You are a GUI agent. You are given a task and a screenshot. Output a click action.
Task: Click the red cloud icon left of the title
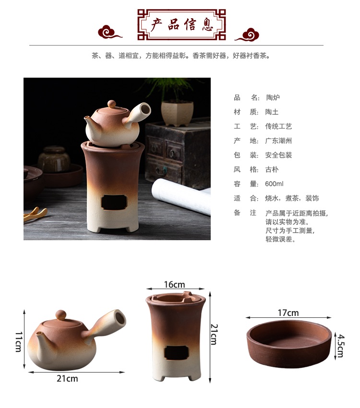click(109, 32)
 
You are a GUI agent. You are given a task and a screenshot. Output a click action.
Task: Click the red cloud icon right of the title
click(248, 35)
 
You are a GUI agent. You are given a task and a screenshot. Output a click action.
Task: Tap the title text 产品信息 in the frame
click(181, 25)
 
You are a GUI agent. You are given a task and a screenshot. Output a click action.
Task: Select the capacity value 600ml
click(274, 184)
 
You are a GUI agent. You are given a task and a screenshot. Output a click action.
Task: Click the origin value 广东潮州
click(278, 141)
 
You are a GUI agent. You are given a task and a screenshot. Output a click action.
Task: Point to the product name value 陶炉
click(273, 98)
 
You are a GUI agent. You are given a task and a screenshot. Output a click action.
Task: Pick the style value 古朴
click(272, 169)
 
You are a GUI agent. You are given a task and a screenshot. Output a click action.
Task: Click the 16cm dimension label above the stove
click(175, 284)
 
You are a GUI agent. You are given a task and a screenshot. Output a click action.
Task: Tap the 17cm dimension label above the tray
click(288, 313)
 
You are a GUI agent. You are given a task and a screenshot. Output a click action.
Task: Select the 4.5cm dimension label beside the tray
click(341, 346)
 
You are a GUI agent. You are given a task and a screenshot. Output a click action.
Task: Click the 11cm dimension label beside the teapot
click(19, 342)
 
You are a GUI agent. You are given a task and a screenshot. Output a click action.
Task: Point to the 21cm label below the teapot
click(67, 378)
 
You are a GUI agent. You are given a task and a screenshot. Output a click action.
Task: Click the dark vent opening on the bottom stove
click(176, 353)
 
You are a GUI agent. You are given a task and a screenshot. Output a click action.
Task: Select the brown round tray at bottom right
click(289, 344)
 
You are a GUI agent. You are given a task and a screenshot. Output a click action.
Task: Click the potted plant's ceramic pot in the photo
click(177, 114)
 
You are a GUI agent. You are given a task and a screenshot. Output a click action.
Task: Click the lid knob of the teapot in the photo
click(112, 104)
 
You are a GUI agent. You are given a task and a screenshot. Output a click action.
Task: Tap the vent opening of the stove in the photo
click(114, 202)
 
